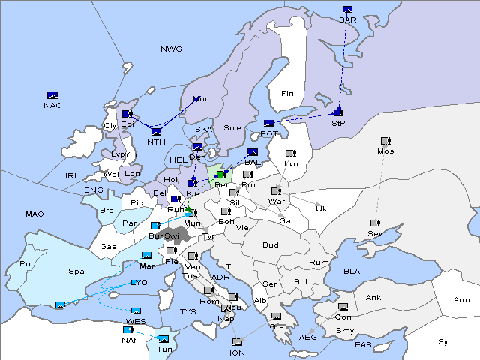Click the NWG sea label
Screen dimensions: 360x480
coord(171,49)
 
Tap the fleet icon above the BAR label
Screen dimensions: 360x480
coord(347,10)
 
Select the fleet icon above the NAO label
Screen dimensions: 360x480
coord(52,95)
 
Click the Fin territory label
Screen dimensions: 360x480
coord(287,94)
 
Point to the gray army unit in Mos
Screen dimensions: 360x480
coord(385,141)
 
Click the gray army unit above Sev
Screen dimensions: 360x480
coord(374,223)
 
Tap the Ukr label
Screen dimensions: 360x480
coord(322,208)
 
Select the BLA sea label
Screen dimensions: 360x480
coord(352,271)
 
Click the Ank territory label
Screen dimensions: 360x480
coord(373,298)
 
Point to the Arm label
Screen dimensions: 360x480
coord(462,300)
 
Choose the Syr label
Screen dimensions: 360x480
coord(445,342)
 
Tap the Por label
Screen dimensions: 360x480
coord(28,264)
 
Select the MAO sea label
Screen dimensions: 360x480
coord(34,214)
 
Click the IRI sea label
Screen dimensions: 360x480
coord(71,175)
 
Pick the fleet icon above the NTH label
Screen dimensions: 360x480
coord(155,133)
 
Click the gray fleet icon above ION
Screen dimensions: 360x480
coord(237,343)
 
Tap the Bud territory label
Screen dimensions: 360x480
coord(270,245)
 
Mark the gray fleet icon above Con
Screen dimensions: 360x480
coord(343,307)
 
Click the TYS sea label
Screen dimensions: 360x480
coord(187,311)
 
